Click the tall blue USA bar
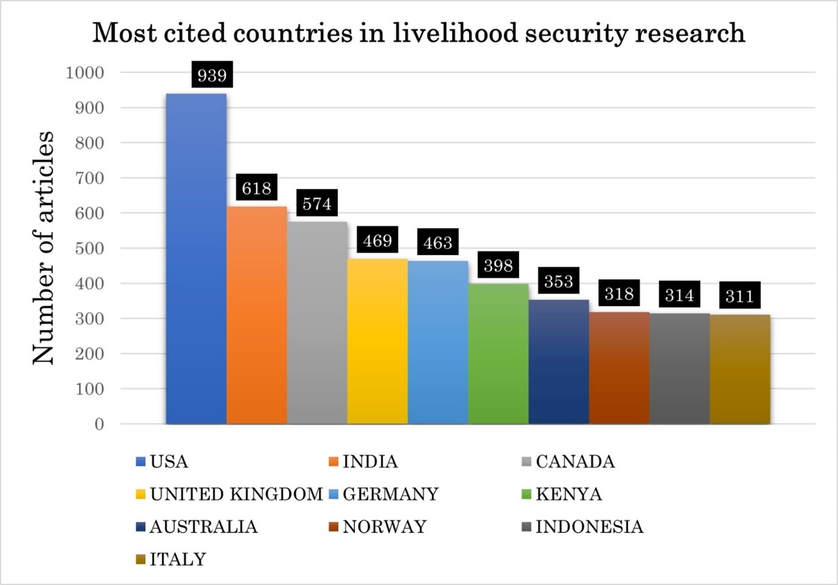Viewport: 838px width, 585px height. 196,258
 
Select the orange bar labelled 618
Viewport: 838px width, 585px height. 256,315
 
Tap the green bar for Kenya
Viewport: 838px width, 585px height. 498,354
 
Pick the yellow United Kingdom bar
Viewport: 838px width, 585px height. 377,341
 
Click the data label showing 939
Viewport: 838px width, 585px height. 212,75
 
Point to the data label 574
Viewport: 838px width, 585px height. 317,204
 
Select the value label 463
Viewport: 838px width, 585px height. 438,243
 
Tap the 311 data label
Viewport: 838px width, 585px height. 740,296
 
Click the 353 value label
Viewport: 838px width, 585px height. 558,281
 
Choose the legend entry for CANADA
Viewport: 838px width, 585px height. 575,462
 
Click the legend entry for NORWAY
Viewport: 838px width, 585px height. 384,527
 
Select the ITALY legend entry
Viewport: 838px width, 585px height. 177,559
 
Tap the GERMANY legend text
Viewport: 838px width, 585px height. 390,494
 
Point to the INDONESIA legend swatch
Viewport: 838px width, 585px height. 526,527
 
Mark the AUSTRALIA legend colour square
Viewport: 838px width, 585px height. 140,527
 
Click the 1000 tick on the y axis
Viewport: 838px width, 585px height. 85,73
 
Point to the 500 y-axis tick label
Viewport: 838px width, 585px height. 89,248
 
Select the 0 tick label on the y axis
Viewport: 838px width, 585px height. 99,424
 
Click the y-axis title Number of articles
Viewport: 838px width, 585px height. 43,248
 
